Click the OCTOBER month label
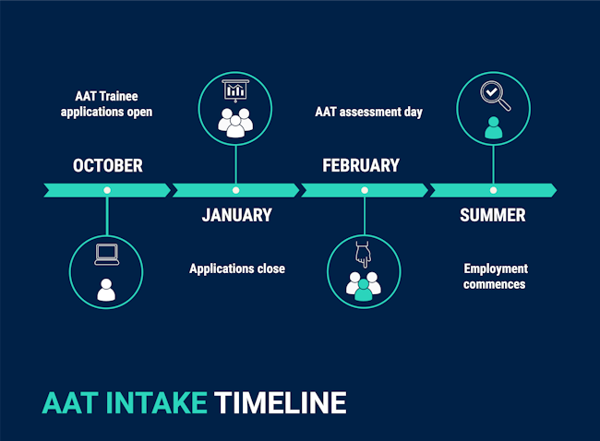tap(107, 166)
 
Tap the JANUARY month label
tap(237, 215)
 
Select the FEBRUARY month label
tap(361, 166)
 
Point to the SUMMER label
tap(493, 215)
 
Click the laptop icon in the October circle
tap(107, 255)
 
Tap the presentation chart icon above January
tap(235, 90)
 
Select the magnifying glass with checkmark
tap(495, 96)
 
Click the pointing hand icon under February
tap(363, 255)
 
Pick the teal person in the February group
tap(363, 290)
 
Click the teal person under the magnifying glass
tap(493, 127)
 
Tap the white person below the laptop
tap(106, 290)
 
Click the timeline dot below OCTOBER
tap(107, 190)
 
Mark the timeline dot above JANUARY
tap(235, 190)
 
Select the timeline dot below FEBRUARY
tap(365, 190)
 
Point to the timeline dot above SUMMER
tap(493, 190)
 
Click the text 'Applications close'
tap(237, 268)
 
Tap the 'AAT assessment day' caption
tap(369, 112)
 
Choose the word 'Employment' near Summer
tap(496, 268)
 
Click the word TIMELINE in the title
tap(280, 403)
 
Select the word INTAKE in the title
tap(156, 403)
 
